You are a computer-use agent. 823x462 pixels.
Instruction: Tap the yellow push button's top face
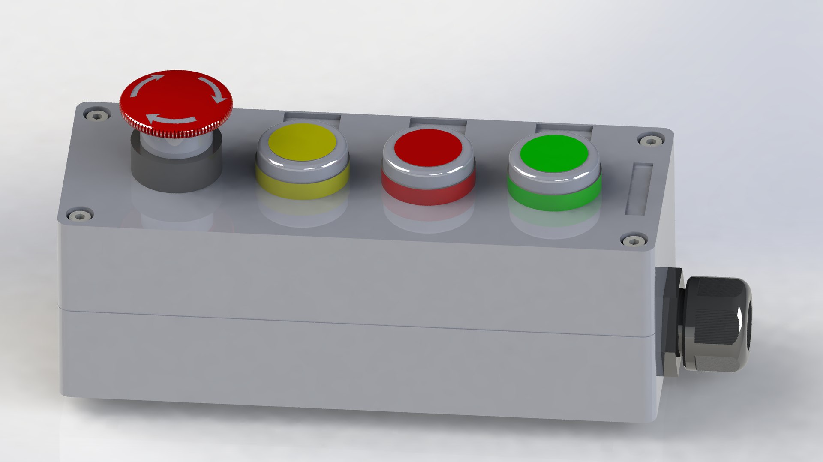point(302,142)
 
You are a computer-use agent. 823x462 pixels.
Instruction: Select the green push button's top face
point(553,153)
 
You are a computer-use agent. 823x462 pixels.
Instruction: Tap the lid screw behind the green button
point(650,140)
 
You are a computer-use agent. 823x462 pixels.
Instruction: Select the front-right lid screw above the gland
point(634,241)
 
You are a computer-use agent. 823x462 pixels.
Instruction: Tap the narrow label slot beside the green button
point(639,188)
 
